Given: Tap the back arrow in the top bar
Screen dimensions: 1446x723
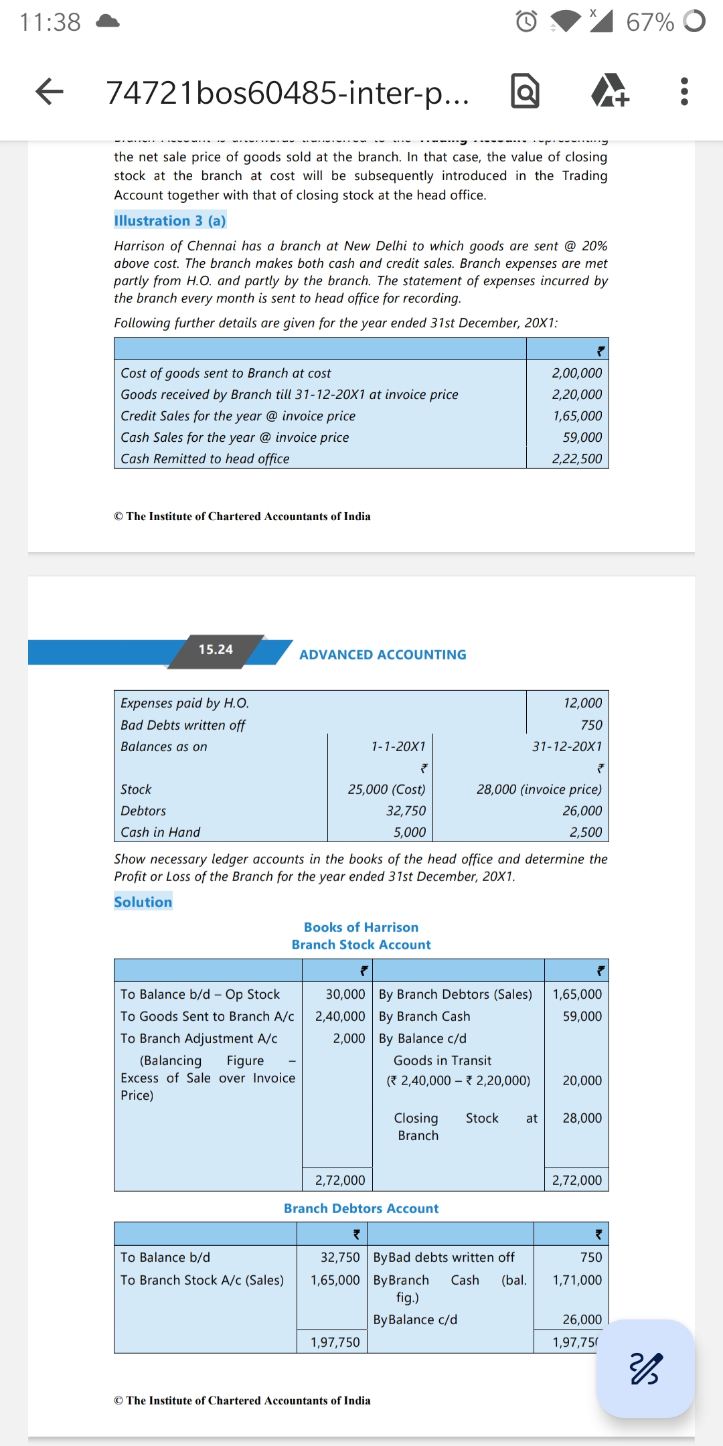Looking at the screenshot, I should pos(49,92).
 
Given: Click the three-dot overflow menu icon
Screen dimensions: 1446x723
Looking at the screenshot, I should pos(684,92).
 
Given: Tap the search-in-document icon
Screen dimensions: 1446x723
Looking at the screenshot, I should pos(525,92).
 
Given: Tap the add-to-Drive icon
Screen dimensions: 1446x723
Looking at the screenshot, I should pos(609,92).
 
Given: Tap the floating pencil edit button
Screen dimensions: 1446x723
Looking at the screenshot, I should pos(645,1368).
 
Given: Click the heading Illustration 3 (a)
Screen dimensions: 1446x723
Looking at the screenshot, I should pos(170,221).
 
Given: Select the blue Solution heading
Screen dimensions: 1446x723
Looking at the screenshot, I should pos(143,902).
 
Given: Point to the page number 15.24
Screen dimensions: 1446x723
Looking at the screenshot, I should pos(216,649).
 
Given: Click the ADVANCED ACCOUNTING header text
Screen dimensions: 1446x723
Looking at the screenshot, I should pos(382,655).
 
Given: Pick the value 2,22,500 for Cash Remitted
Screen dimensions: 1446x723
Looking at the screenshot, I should pos(576,459).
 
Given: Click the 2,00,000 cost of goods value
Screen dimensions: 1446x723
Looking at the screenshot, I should pos(576,373).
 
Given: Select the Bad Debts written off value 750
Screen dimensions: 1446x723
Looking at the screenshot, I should pos(591,725).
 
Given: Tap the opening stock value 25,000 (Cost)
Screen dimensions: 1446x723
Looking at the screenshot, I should pos(386,789).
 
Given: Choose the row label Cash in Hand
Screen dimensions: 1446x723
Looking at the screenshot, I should pos(161,832).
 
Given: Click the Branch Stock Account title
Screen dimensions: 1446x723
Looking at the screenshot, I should pos(361,945).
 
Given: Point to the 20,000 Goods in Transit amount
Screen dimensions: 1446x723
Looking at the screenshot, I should pos(582,1080).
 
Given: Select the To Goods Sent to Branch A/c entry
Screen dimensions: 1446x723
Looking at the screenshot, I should pos(207,1016).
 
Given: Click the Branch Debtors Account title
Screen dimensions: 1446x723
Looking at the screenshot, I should pos(361,1208).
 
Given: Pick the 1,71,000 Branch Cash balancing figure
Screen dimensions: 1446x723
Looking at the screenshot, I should pos(576,1280).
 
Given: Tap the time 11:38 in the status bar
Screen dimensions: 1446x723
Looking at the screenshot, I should pos(50,22).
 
